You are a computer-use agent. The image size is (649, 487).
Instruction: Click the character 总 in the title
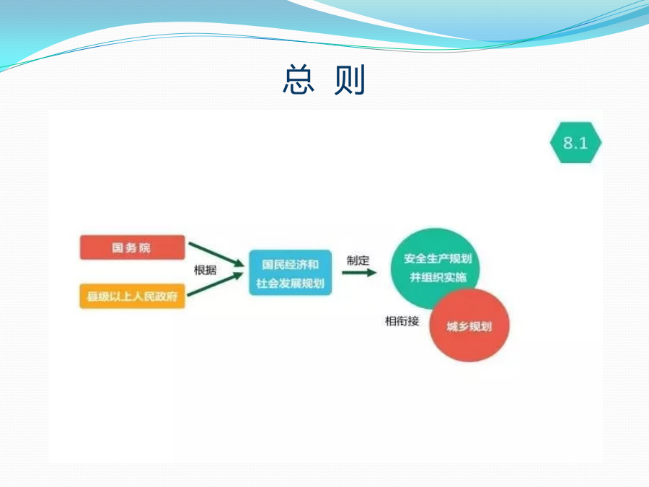pyautogui.click(x=299, y=79)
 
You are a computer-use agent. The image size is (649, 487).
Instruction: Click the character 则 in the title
pyautogui.click(x=349, y=79)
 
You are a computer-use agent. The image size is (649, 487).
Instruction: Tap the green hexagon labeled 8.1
pyautogui.click(x=575, y=142)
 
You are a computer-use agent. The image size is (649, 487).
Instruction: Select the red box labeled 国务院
pyautogui.click(x=132, y=247)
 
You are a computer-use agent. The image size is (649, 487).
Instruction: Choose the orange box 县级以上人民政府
pyautogui.click(x=132, y=296)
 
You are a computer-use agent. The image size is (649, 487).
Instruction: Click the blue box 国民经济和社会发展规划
pyautogui.click(x=290, y=273)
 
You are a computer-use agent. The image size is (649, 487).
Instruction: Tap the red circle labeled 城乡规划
pyautogui.click(x=469, y=325)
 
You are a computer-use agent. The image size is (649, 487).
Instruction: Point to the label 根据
pyautogui.click(x=206, y=271)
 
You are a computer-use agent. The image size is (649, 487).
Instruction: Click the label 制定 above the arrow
pyautogui.click(x=358, y=260)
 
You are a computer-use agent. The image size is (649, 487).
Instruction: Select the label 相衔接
pyautogui.click(x=402, y=321)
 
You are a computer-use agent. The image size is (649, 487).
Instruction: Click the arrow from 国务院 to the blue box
pyautogui.click(x=216, y=255)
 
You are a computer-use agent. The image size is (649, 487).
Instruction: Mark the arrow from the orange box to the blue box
pyautogui.click(x=216, y=284)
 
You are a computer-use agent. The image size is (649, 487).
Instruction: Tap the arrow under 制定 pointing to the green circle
pyautogui.click(x=359, y=273)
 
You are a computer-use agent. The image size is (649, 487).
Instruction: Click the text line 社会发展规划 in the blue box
pyautogui.click(x=290, y=284)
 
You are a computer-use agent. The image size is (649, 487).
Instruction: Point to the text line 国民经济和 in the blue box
pyautogui.click(x=290, y=264)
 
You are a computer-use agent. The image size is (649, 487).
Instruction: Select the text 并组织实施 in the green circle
pyautogui.click(x=438, y=277)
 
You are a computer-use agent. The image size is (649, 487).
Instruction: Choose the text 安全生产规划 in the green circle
pyautogui.click(x=438, y=258)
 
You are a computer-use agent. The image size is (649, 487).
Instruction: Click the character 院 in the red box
pyautogui.click(x=145, y=247)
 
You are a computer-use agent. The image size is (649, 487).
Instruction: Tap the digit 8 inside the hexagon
pyautogui.click(x=568, y=143)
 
